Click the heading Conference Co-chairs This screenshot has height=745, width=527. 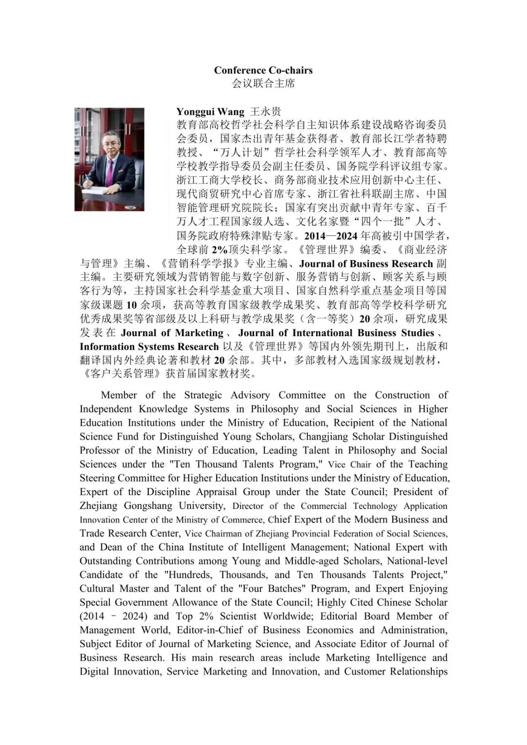coord(263,70)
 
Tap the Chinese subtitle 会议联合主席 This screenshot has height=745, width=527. coord(263,83)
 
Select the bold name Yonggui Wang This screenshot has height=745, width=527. coord(210,112)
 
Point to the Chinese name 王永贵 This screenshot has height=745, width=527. coord(265,112)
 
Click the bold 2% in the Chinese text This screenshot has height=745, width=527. coord(220,250)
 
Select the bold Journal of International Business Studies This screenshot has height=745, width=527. coord(336,333)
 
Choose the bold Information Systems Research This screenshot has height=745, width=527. coord(149,347)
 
